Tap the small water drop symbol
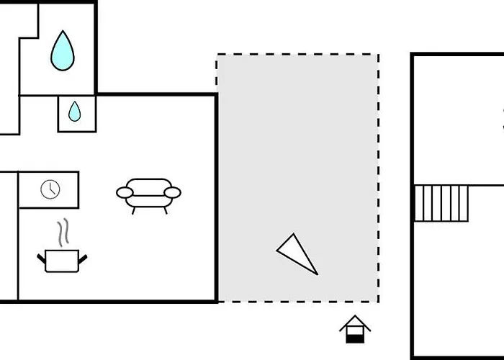[75, 112]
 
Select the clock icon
[50, 189]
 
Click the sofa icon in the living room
[148, 193]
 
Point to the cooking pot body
[62, 260]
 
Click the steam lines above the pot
[63, 233]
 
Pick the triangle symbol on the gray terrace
[296, 253]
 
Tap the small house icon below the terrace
[354, 329]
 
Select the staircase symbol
[441, 203]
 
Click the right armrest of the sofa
[172, 192]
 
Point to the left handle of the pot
[41, 256]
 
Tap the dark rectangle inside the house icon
[354, 336]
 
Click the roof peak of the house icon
[354, 318]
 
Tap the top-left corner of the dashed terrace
[217, 55]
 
